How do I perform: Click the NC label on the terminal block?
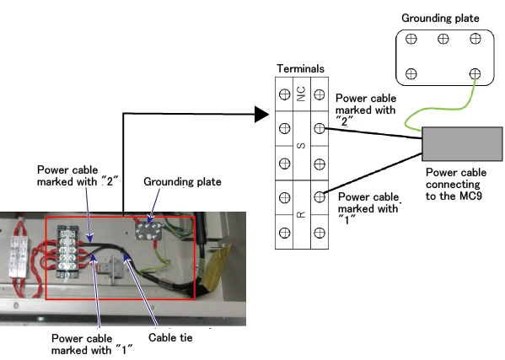pyautogui.click(x=301, y=94)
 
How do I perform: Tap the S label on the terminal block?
pyautogui.click(x=301, y=146)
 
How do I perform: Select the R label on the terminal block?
pyautogui.click(x=301, y=214)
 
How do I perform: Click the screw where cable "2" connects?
pyautogui.click(x=320, y=128)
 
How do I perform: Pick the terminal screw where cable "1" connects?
pyautogui.click(x=320, y=196)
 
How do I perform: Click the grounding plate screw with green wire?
pyautogui.click(x=475, y=73)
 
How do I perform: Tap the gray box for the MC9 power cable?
pyautogui.click(x=462, y=144)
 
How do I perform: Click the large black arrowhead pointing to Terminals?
pyautogui.click(x=261, y=115)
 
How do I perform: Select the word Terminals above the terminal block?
pyautogui.click(x=300, y=68)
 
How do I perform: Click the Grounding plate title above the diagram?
pyautogui.click(x=440, y=18)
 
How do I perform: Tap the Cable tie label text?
pyautogui.click(x=170, y=337)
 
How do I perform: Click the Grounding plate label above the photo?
pyautogui.click(x=182, y=181)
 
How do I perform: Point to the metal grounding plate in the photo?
pyautogui.click(x=148, y=231)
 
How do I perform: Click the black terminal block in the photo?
pyautogui.click(x=67, y=252)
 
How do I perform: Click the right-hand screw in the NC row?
pyautogui.click(x=320, y=94)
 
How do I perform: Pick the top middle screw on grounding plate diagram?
pyautogui.click(x=443, y=39)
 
